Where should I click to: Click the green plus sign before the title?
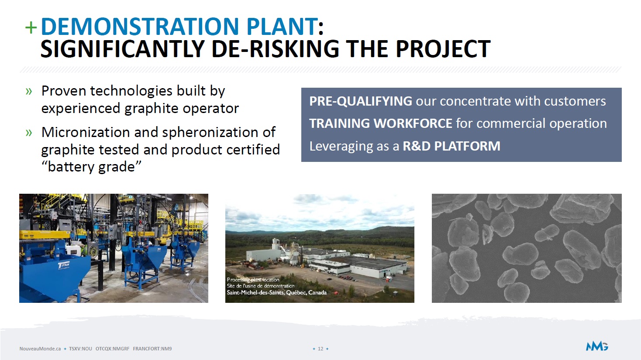31,28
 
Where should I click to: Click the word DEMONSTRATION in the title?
140,26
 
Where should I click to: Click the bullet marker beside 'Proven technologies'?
29,92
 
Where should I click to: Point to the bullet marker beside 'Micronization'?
29,133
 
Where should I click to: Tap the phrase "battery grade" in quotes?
91,167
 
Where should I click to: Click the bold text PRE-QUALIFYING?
361,101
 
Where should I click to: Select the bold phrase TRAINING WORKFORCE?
381,123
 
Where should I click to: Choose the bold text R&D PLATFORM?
451,146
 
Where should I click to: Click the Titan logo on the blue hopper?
64,266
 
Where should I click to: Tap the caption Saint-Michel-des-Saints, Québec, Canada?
277,292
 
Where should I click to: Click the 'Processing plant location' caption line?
253,279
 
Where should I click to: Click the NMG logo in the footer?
597,346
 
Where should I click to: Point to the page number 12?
320,349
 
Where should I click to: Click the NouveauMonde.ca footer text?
40,349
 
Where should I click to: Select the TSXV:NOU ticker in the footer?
80,349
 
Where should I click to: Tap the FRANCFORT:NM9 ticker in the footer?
152,349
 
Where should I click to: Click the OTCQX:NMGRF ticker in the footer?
113,349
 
